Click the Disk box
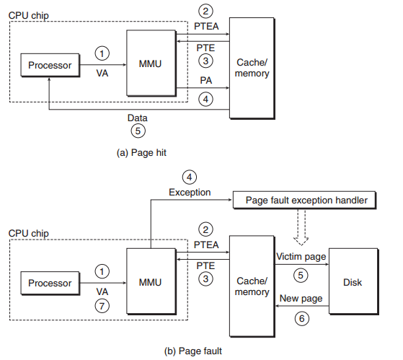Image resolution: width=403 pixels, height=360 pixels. pos(354,281)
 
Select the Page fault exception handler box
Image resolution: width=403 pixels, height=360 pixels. pos(304,200)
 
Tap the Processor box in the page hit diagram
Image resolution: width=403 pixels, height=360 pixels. pos(50,65)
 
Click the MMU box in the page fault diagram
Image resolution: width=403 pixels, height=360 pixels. pos(151,281)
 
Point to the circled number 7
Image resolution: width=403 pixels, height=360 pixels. pos(102,306)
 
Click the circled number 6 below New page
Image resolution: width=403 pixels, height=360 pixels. pos(302,319)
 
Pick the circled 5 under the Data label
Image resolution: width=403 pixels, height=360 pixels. pos(138,131)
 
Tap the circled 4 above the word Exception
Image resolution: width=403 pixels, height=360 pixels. pos(190,177)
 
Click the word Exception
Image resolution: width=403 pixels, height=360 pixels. pos(190,193)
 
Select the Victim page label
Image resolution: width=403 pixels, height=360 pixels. pos(301,257)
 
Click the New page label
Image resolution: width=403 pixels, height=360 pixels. pos(301,299)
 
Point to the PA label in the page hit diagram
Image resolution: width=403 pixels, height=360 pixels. pos(206,81)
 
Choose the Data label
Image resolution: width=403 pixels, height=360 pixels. pos(138,118)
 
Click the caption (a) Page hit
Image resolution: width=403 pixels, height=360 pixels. pos(141,153)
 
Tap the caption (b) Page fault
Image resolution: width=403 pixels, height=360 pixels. pos(193,351)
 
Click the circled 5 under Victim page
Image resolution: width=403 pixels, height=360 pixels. pos(301,276)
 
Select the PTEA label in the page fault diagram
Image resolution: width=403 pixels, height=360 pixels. pos(206,245)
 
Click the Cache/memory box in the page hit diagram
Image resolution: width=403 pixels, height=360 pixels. pos(252,68)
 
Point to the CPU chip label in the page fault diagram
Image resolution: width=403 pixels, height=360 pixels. pos(28,234)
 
